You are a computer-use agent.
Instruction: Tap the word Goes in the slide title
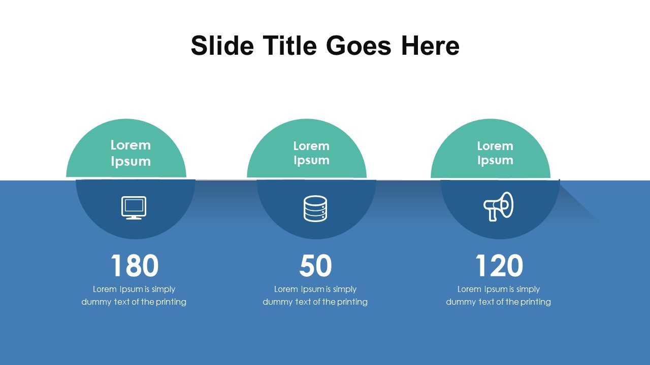[359, 46]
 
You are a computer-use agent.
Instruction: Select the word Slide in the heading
[222, 46]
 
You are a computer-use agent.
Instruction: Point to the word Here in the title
[430, 46]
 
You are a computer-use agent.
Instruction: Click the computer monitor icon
[134, 208]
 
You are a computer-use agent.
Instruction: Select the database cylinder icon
[315, 208]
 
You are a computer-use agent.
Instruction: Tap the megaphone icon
[498, 206]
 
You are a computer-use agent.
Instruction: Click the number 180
[135, 266]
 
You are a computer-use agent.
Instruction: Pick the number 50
[315, 266]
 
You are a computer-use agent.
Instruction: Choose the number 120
[499, 266]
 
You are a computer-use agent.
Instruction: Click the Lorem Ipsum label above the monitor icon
[131, 153]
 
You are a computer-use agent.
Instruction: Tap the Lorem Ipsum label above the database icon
[311, 153]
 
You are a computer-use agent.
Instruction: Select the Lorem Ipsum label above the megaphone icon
[495, 153]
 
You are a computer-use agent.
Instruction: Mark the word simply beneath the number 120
[528, 289]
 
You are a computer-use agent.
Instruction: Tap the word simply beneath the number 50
[344, 289]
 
